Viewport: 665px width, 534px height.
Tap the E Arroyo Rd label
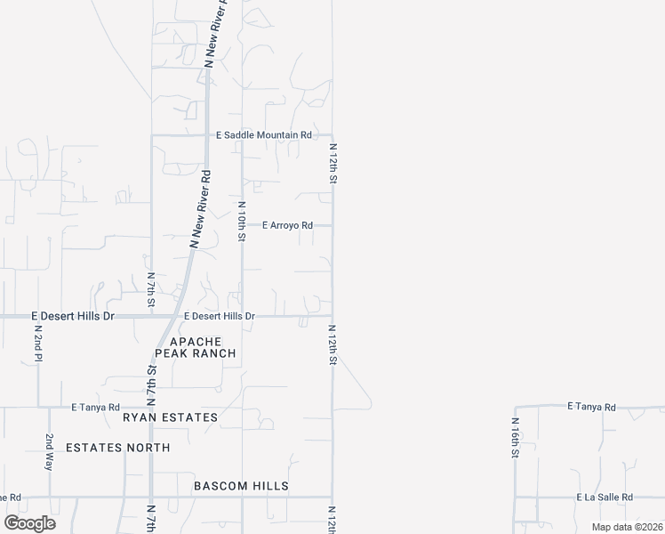pyautogui.click(x=287, y=226)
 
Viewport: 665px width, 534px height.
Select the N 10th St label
pyautogui.click(x=241, y=221)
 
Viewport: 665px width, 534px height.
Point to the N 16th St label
pyautogui.click(x=515, y=438)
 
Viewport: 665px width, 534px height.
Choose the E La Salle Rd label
pyautogui.click(x=604, y=498)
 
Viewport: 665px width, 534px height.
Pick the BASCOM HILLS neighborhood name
pyautogui.click(x=241, y=486)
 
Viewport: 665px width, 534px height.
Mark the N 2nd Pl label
pyautogui.click(x=38, y=343)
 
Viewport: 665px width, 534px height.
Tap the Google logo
pyautogui.click(x=29, y=523)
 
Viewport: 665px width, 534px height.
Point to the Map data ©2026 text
pyautogui.click(x=626, y=527)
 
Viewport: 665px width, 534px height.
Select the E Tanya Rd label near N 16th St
pyautogui.click(x=591, y=407)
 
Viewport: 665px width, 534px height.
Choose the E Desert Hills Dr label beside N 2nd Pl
pyautogui.click(x=73, y=316)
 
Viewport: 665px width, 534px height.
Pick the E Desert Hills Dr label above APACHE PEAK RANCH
pyautogui.click(x=220, y=316)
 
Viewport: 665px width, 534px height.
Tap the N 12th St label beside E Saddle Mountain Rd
pyautogui.click(x=333, y=164)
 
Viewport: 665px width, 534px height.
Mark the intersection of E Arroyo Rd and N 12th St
pyautogui.click(x=332, y=226)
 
